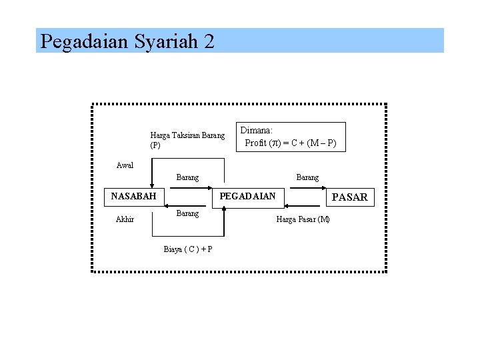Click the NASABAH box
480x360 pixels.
click(133, 196)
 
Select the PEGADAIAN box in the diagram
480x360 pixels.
click(247, 196)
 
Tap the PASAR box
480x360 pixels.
click(349, 197)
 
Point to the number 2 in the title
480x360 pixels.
click(209, 41)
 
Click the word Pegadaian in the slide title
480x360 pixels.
click(85, 41)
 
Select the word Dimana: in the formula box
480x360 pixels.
click(257, 131)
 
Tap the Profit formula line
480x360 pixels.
click(291, 143)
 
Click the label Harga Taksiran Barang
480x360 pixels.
click(187, 135)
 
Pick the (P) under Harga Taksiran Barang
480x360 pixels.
click(155, 145)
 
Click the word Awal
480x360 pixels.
click(125, 165)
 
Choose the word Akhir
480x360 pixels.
click(125, 219)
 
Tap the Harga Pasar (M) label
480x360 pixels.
click(303, 219)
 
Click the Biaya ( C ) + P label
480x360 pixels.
click(188, 249)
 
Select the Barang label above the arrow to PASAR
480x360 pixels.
click(307, 177)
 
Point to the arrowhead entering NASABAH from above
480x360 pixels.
click(153, 185)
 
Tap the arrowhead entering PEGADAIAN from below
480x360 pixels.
click(225, 208)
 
